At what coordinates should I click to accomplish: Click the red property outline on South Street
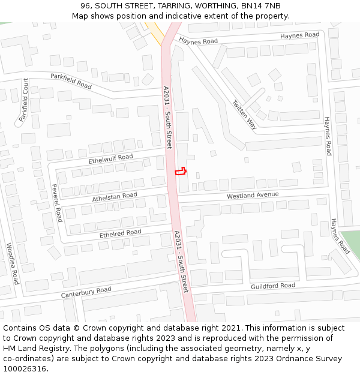180,171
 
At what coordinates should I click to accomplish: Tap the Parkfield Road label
71,81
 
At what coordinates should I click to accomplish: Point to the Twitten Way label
245,114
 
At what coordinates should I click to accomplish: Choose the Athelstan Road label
115,196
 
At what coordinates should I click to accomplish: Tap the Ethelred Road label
120,232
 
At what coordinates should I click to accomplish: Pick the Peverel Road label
58,203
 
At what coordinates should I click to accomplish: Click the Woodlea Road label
12,263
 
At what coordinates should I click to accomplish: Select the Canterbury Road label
86,293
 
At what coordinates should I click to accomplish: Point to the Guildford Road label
273,286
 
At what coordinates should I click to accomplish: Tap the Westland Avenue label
253,196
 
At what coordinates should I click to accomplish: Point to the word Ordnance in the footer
284,359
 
